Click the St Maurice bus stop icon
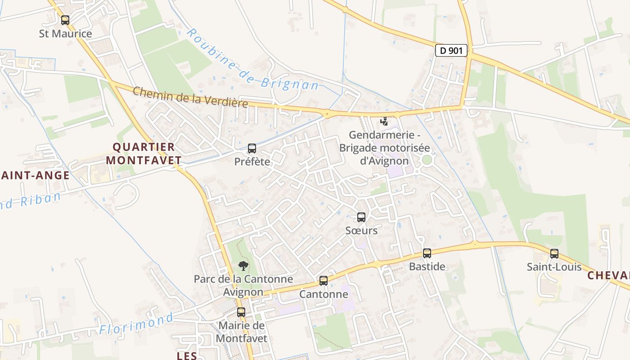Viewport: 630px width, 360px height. (x=65, y=20)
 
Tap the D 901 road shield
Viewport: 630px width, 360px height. (x=451, y=50)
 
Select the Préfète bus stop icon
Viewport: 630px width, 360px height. (x=252, y=148)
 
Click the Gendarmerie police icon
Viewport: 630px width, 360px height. (x=384, y=121)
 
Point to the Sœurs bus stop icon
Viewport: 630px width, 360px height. (x=361, y=217)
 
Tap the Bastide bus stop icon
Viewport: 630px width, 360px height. (x=427, y=253)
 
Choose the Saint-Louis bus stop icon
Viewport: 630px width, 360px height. (x=554, y=254)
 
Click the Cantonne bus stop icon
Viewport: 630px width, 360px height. (x=323, y=281)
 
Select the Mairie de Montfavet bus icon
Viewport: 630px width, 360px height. (x=241, y=312)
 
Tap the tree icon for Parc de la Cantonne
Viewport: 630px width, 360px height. (x=243, y=265)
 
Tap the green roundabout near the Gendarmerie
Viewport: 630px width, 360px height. (x=427, y=160)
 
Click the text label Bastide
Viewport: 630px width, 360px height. (x=427, y=266)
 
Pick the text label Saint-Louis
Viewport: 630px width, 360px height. (x=554, y=267)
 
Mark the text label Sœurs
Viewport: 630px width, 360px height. (x=361, y=230)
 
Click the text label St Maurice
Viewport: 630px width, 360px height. (x=65, y=33)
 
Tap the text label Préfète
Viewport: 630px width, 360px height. (x=252, y=161)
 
